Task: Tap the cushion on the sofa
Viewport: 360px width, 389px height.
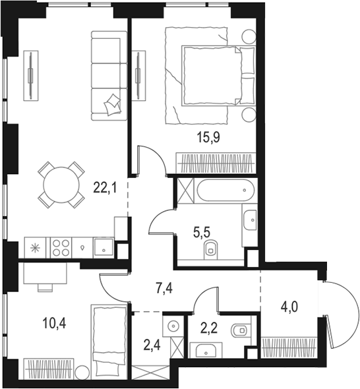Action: tap(113, 102)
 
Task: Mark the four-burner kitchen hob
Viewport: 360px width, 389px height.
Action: tap(61, 247)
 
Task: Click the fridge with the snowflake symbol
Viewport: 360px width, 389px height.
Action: tap(34, 247)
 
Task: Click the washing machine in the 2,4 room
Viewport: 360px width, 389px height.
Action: tap(172, 326)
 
